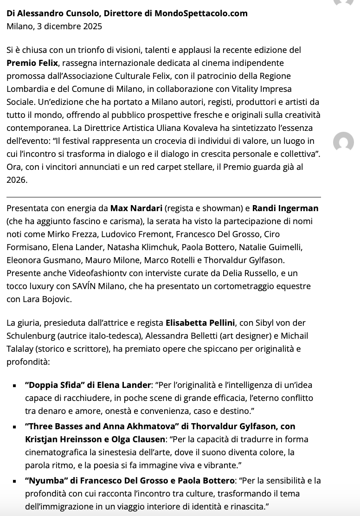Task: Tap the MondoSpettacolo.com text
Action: [x=200, y=13]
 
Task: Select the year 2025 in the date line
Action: [x=91, y=26]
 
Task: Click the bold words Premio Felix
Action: [x=32, y=63]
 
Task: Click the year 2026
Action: [x=17, y=180]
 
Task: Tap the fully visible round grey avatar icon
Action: [x=344, y=142]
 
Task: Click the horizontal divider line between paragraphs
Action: [x=163, y=197]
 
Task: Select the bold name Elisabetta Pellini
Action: [x=200, y=322]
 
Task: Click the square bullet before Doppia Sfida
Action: [x=15, y=386]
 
